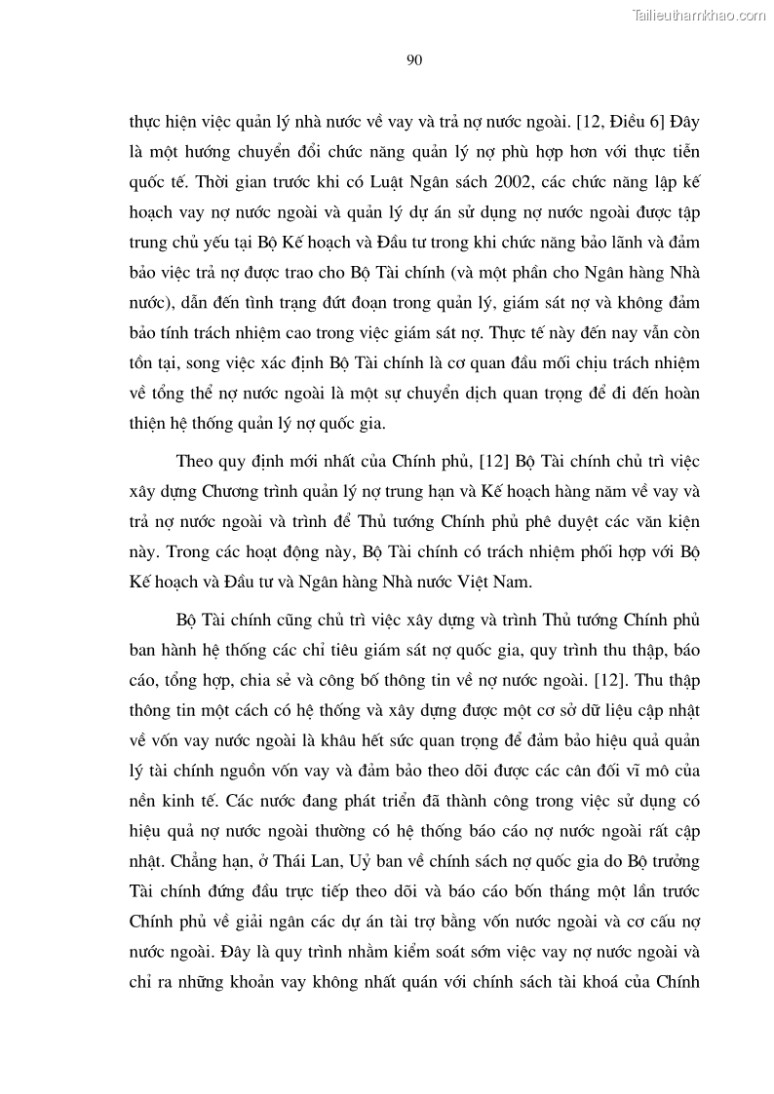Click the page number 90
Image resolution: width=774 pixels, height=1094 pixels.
412,61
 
